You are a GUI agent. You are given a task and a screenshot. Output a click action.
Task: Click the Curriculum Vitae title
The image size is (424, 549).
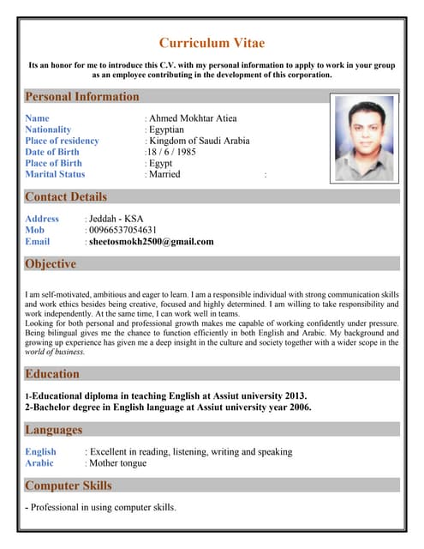coord(212,43)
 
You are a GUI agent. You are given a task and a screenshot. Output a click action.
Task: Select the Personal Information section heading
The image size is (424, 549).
coord(81,97)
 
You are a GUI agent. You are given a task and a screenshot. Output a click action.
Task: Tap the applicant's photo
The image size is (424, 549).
coord(364,138)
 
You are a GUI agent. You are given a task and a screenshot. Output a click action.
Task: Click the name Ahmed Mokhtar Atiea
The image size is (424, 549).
coord(193,118)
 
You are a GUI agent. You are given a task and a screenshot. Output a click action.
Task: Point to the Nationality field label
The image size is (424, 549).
coord(48,130)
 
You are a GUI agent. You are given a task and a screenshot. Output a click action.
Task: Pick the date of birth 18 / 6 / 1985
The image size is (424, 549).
coord(172,152)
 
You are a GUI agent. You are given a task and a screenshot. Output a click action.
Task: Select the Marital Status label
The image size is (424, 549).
coord(55,174)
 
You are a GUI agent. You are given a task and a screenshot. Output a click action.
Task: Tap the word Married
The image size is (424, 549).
coord(164,174)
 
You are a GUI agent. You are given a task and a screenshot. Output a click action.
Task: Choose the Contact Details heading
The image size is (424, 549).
coord(66,197)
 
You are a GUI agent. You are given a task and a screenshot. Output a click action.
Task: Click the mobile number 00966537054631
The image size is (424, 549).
coord(123,230)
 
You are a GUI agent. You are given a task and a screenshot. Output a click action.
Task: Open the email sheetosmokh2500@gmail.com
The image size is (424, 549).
coord(152,242)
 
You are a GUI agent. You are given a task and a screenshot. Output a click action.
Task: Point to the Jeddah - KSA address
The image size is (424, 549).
coord(118,219)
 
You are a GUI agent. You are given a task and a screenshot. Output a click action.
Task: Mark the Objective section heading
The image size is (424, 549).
coord(51,264)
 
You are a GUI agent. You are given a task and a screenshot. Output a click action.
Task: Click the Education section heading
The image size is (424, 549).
coord(52,374)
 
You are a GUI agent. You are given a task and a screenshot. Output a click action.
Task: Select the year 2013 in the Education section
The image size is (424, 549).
coord(292,396)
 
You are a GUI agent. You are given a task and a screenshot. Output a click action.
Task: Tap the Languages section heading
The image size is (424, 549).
coord(53,430)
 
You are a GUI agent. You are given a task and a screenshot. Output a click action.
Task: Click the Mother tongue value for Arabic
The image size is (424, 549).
coord(117,463)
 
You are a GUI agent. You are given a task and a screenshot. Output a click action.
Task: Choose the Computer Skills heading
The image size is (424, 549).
coord(69,486)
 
